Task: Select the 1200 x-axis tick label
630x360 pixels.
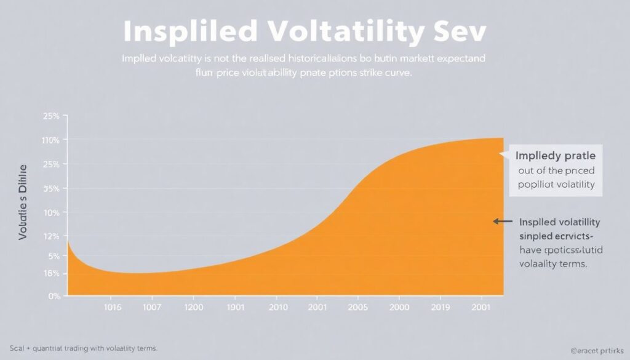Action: point(193,306)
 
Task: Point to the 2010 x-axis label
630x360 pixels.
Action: point(277,306)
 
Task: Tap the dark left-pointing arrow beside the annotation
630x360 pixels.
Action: point(503,222)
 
